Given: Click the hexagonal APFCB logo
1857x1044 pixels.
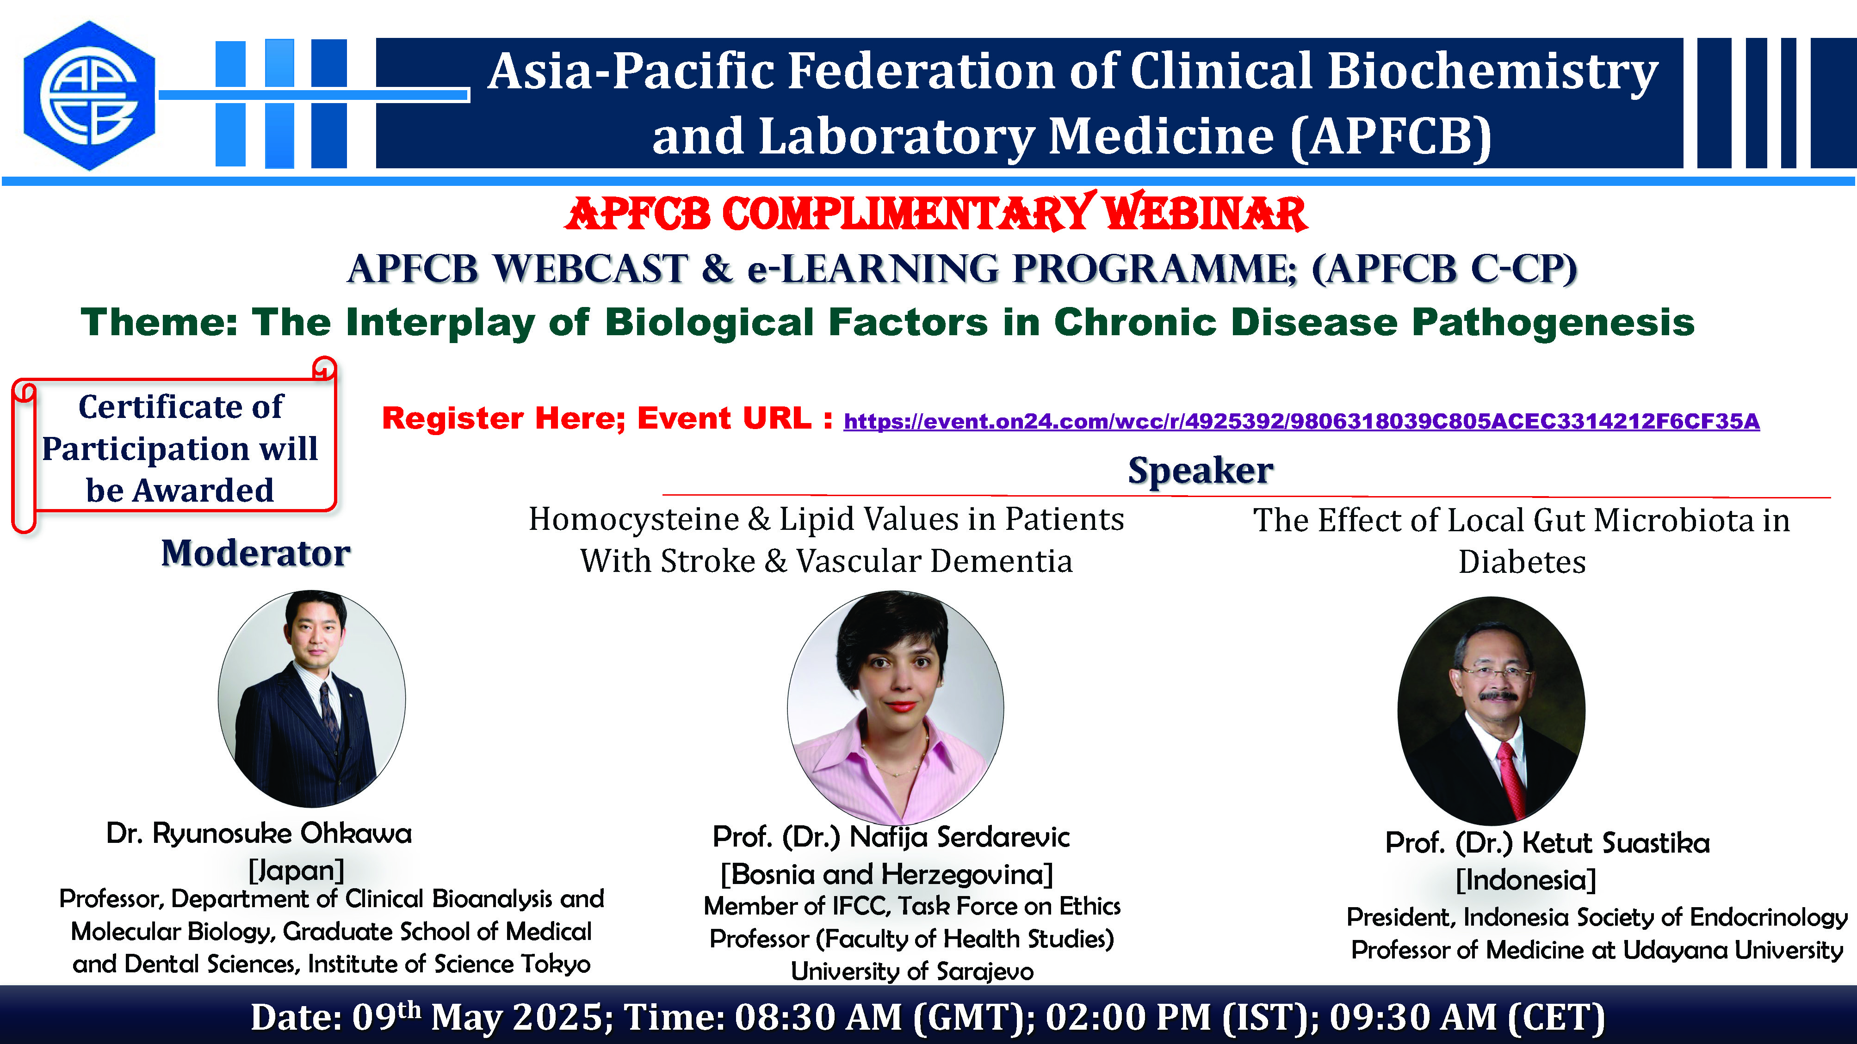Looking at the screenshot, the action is coord(89,96).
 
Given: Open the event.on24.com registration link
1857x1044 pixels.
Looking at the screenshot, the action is coord(1301,421).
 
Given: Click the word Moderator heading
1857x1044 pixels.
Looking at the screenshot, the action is coord(256,553).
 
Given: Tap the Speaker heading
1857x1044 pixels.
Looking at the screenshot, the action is coord(1200,471).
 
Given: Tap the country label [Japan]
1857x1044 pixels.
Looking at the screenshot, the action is coord(296,870).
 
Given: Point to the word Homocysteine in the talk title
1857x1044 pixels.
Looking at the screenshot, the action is coord(634,519).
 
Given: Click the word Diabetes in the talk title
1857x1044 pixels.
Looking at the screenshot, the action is coord(1522,562).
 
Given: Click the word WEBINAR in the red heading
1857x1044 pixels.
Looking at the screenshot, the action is coord(1205,213).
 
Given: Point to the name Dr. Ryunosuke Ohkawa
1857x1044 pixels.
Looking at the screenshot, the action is coord(259,834).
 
